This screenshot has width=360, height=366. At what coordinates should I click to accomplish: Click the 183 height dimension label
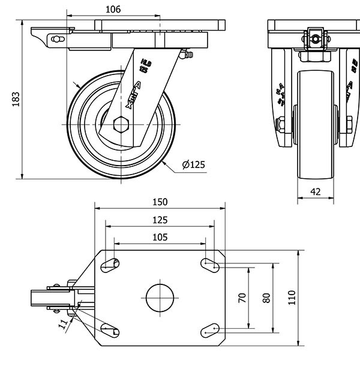pyautogui.click(x=16, y=100)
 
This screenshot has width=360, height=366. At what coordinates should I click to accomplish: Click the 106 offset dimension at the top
pyautogui.click(x=113, y=9)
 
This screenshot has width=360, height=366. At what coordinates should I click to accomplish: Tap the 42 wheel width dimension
pyautogui.click(x=316, y=192)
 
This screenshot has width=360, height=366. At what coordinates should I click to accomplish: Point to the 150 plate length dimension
pyautogui.click(x=160, y=202)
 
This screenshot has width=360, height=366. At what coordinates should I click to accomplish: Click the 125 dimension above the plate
pyautogui.click(x=160, y=220)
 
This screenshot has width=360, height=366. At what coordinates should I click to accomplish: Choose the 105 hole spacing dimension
pyautogui.click(x=160, y=237)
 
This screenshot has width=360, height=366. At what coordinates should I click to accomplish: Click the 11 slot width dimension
pyautogui.click(x=64, y=325)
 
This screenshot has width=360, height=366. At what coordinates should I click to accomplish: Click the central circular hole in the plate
pyautogui.click(x=160, y=296)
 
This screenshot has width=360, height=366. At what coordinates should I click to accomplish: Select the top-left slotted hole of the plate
pyautogui.click(x=110, y=263)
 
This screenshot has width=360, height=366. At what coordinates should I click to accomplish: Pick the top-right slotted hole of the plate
pyautogui.click(x=210, y=262)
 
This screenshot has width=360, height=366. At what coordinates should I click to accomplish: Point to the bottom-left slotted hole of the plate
pyautogui.click(x=110, y=329)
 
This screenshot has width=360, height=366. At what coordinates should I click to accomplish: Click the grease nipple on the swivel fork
pyautogui.click(x=184, y=56)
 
